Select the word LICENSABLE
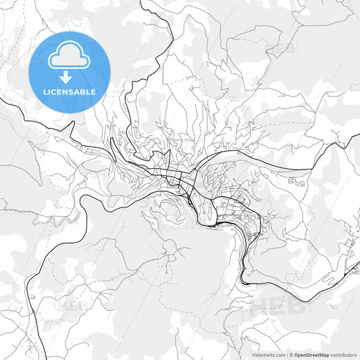pos(70,92)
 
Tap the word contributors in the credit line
pos(342,353)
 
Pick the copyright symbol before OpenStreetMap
pos(292,353)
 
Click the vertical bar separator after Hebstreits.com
pos(286,353)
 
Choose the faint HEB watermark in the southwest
pos(74,305)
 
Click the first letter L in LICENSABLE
pos(45,92)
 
